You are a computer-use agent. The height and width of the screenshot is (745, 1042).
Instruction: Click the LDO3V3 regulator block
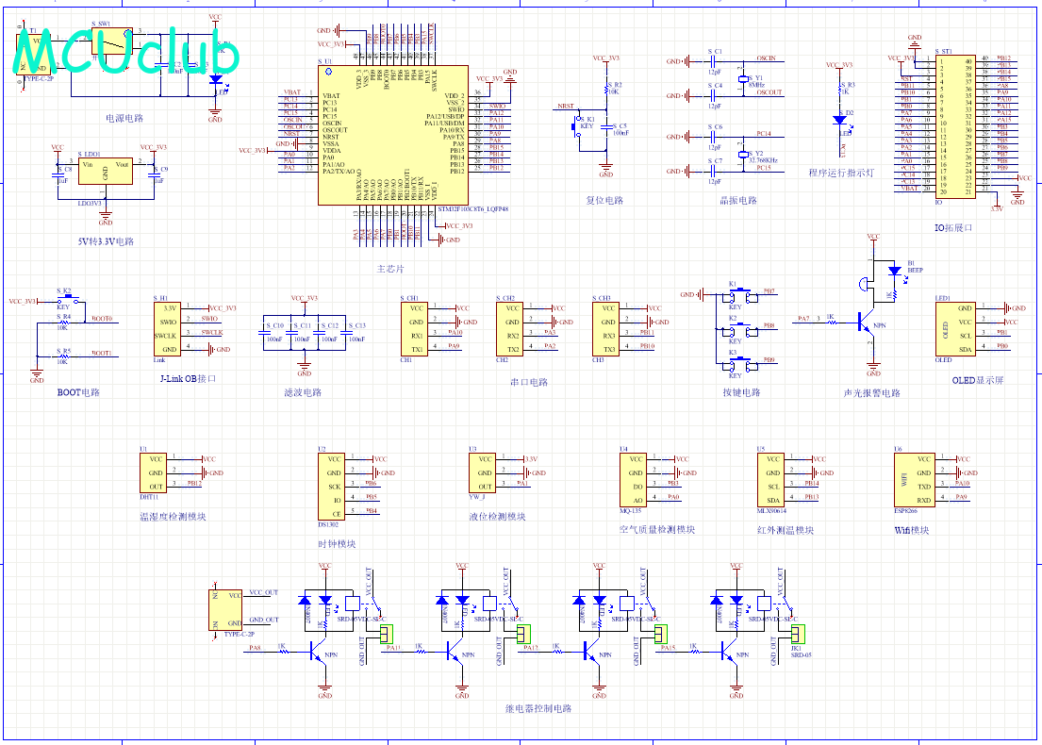pos(106,172)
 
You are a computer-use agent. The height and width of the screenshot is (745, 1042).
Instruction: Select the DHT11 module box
pos(152,472)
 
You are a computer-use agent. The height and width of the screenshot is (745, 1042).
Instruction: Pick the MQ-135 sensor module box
pos(631,479)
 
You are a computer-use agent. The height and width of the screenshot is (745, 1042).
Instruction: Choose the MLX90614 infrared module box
pos(771,479)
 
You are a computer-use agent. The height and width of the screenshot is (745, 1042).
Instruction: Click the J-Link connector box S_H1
pos(169,328)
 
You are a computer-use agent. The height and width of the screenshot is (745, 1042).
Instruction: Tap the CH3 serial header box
pos(608,328)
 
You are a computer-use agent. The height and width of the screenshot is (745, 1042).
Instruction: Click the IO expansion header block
pos(954,125)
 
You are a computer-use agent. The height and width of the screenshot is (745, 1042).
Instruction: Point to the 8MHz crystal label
pos(756,85)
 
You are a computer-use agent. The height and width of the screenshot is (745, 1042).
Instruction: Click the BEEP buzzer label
pos(915,270)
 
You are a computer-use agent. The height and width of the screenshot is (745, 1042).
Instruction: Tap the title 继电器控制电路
pos(538,708)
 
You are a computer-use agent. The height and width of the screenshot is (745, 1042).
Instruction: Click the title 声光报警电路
pos(871,393)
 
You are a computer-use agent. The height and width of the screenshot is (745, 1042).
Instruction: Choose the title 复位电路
pos(604,201)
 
